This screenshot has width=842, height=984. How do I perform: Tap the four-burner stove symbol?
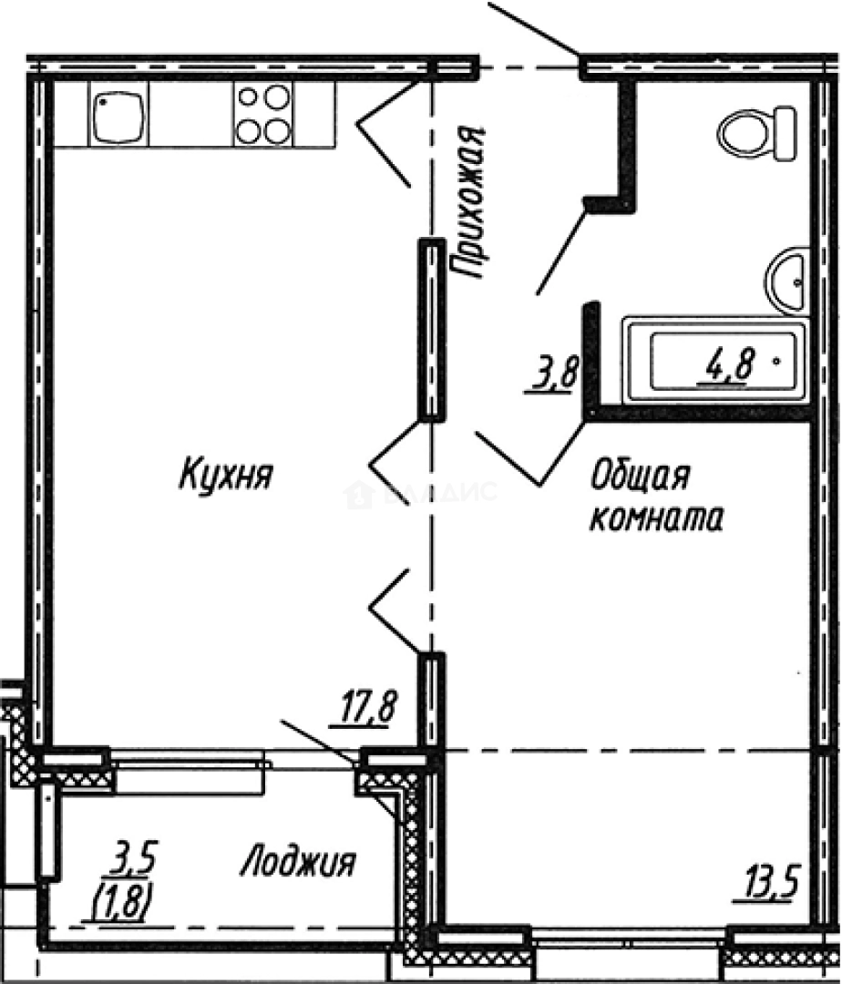[x=263, y=113]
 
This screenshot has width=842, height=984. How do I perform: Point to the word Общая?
[x=638, y=476]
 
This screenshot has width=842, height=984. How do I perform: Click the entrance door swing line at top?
[x=535, y=28]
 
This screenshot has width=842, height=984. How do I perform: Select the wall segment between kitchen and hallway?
[x=432, y=328]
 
